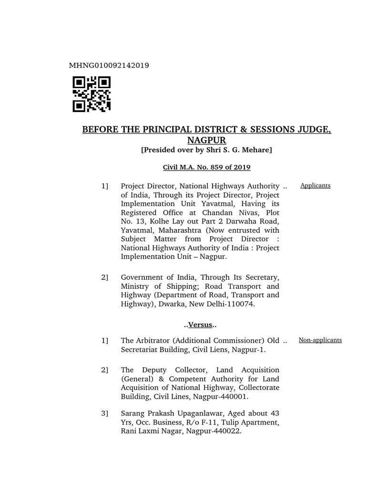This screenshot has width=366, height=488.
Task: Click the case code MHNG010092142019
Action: [110, 65]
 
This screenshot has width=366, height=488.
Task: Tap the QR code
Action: [91, 94]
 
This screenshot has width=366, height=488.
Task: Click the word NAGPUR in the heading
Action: [206, 140]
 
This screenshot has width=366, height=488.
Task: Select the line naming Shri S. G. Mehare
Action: [206, 150]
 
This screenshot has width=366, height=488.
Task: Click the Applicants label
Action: [315, 185]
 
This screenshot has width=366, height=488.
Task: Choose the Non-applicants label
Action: [320, 340]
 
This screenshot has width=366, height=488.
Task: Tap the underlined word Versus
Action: [200, 325]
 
